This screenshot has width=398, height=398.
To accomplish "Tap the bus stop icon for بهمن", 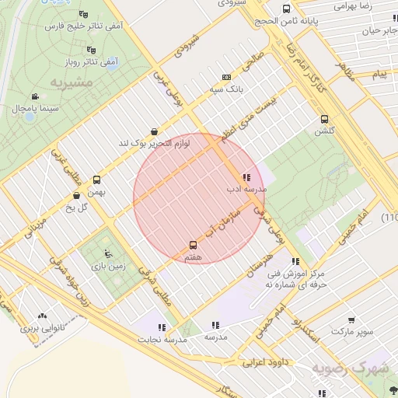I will coord(96,179).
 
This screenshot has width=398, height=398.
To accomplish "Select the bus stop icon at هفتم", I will coord(194,245).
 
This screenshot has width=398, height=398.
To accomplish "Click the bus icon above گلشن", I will coord(325,119).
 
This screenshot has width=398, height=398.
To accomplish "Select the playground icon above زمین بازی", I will coord(106,253).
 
